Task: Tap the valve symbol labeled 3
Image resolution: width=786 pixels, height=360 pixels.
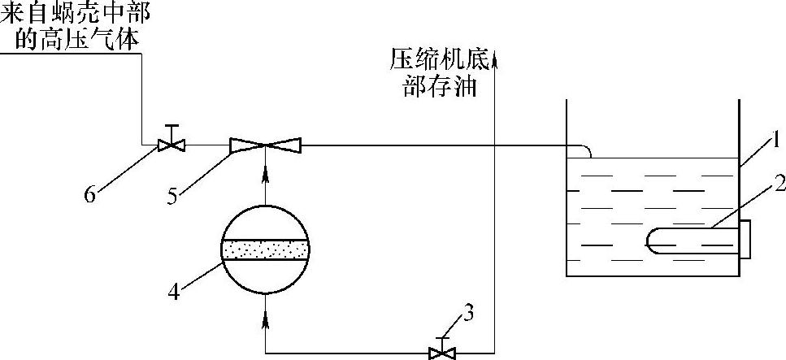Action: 442,352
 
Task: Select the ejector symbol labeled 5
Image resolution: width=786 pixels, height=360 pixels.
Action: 266,145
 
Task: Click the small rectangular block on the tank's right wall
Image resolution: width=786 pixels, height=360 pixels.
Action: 745,239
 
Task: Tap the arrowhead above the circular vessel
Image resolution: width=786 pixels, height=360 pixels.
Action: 266,174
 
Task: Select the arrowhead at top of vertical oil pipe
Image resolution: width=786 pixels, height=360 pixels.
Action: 494,55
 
